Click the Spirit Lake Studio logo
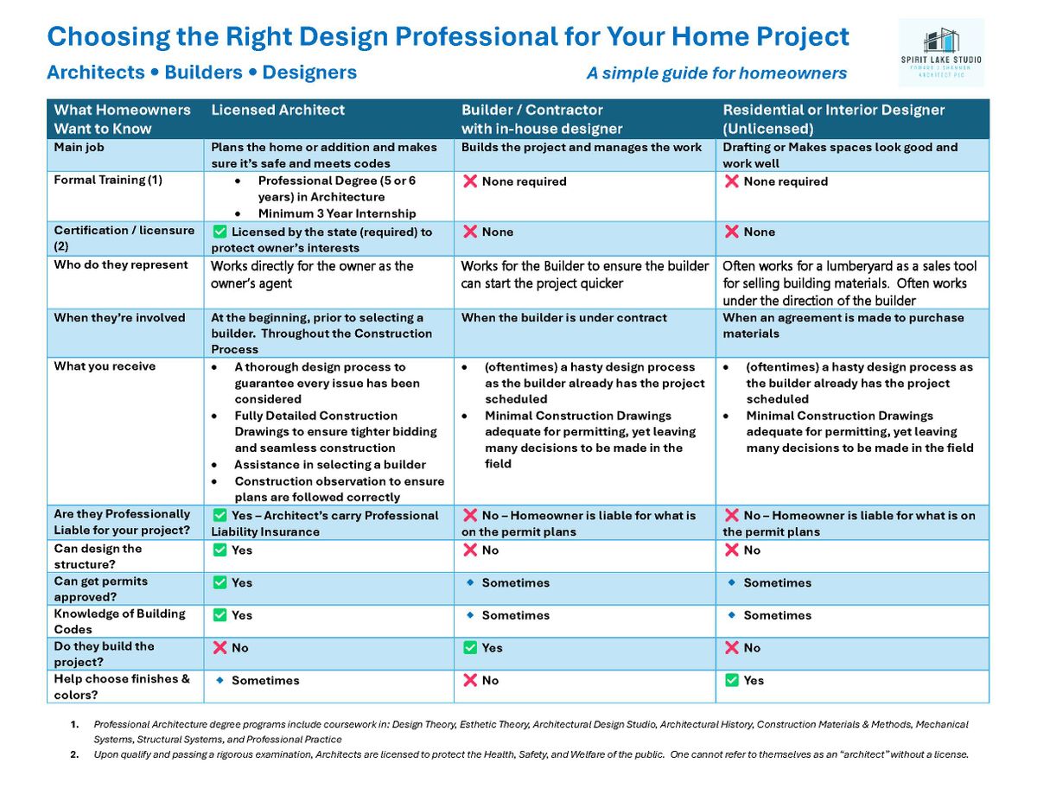click(x=940, y=53)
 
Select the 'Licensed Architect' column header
click(x=277, y=111)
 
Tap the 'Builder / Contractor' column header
click(x=531, y=111)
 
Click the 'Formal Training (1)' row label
click(x=108, y=181)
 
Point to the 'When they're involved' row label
click(x=119, y=318)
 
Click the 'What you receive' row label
click(x=105, y=366)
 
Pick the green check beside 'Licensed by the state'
click(x=219, y=232)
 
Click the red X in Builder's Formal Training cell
click(x=470, y=181)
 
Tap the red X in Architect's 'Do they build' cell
click(x=219, y=648)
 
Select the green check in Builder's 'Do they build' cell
click(x=470, y=648)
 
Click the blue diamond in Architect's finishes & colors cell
click(x=219, y=680)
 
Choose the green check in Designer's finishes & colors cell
click(x=731, y=681)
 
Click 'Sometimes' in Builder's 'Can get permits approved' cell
click(x=515, y=583)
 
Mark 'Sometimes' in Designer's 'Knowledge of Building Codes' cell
click(x=777, y=615)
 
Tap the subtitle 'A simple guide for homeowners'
click(x=716, y=73)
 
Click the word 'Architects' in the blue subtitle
click(x=95, y=73)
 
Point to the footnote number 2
click(x=74, y=754)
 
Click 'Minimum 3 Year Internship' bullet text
click(x=336, y=213)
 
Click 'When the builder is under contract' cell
click(x=563, y=318)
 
